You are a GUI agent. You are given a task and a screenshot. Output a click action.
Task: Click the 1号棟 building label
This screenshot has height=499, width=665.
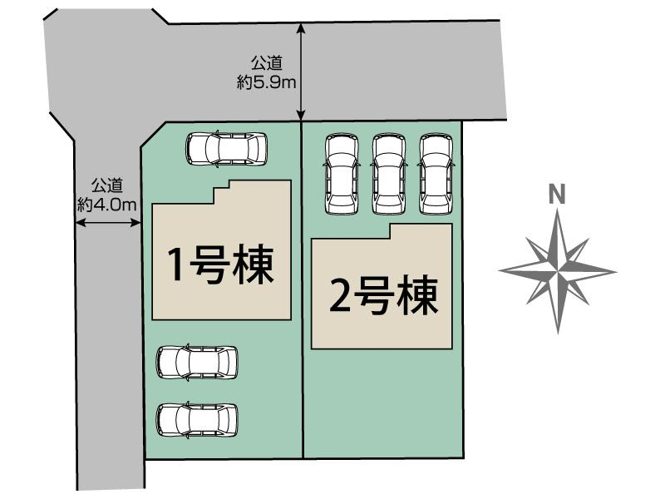220,265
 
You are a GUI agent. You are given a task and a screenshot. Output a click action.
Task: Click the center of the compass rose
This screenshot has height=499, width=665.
557,270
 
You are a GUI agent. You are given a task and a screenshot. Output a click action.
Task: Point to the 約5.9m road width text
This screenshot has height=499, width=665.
267,82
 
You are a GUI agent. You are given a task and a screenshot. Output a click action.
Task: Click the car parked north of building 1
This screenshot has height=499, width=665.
228,149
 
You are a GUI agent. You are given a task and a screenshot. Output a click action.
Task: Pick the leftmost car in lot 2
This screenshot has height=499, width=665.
342,173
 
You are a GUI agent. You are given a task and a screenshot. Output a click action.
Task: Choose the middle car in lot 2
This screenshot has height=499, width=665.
388,173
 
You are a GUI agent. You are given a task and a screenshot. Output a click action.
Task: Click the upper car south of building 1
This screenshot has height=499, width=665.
197,363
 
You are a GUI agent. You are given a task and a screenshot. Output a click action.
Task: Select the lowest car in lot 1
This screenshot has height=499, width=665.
197,419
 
